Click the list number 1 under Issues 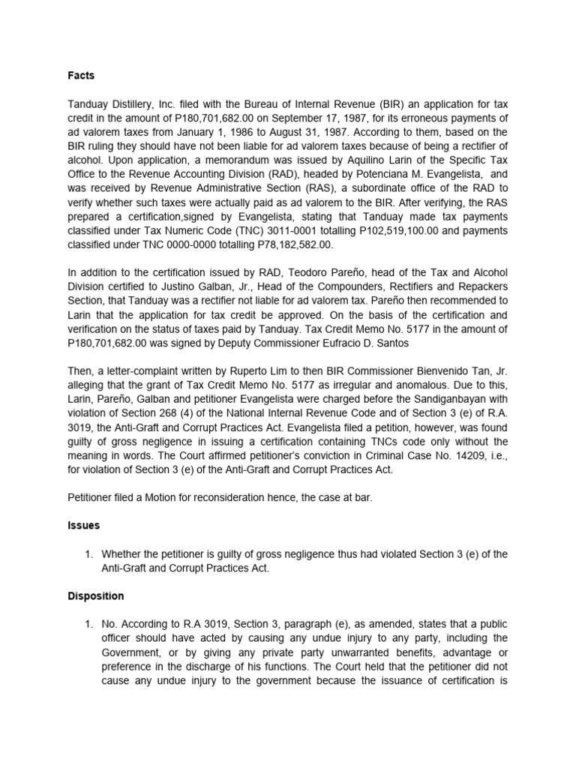point(87,554)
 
